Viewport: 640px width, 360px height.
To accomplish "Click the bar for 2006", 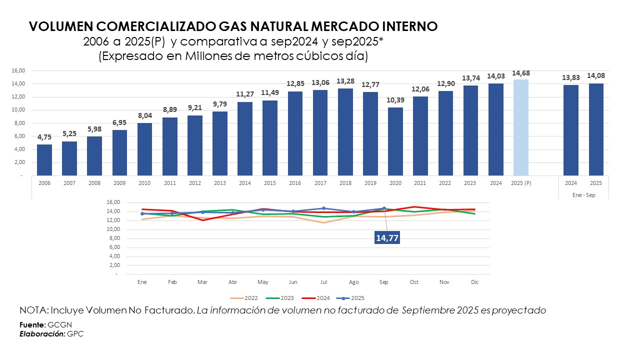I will [x=44, y=160].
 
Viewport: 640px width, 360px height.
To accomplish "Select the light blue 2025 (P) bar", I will [x=520, y=127].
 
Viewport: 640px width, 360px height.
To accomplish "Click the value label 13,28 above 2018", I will [x=345, y=81].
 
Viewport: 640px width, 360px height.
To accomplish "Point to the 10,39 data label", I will [x=395, y=100].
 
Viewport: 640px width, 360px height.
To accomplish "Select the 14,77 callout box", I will [x=387, y=238].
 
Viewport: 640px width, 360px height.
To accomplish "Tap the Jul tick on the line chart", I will [x=323, y=282].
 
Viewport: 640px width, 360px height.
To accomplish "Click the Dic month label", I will [x=474, y=282].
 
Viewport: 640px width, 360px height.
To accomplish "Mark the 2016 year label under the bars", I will [x=295, y=183].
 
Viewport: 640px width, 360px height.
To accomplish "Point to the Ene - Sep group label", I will [x=583, y=195].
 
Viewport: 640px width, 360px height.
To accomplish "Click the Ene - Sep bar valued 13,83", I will [x=571, y=130].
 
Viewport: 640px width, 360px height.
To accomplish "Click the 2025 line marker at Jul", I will [x=323, y=208].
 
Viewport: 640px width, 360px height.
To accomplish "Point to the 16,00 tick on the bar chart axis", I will [x=18, y=70].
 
